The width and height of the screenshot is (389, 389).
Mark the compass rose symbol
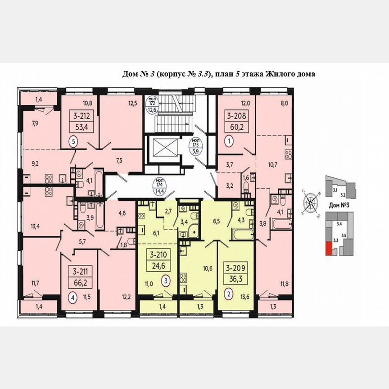pos(311,205)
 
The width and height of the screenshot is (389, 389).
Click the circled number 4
pos(71,297)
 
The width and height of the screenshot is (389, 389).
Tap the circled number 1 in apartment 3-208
pos(229,141)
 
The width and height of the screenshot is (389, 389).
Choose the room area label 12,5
pos(132,103)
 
